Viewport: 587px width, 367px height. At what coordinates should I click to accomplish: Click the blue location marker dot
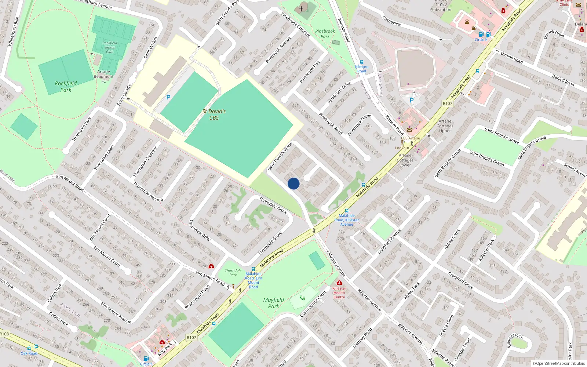[x=293, y=183]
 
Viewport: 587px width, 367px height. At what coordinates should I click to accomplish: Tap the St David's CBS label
[x=214, y=115]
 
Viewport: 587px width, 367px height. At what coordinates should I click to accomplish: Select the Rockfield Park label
[x=66, y=87]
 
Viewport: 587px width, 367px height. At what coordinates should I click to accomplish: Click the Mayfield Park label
[x=274, y=303]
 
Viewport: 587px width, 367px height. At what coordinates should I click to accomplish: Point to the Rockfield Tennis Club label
[x=110, y=47]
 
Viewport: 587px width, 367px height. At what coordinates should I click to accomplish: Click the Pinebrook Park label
[x=325, y=34]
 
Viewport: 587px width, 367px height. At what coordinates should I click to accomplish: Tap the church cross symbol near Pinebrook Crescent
[x=301, y=8]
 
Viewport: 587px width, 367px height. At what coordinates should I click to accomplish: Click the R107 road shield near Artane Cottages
[x=447, y=103]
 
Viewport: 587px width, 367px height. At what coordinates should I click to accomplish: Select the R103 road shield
[x=4, y=334]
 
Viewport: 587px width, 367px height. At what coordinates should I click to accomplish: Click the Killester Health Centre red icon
[x=339, y=283]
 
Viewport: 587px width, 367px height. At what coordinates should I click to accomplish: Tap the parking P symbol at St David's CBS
[x=168, y=97]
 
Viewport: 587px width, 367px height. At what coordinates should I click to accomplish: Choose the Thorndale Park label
[x=233, y=273]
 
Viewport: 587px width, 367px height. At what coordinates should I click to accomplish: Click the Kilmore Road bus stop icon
[x=362, y=62]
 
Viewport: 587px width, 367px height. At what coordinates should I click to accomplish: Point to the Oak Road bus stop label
[x=29, y=353]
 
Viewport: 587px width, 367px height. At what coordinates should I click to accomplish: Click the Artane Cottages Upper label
[x=445, y=126]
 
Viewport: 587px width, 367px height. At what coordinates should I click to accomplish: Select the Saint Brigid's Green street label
[x=486, y=158]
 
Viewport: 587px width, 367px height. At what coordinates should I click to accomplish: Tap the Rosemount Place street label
[x=197, y=297]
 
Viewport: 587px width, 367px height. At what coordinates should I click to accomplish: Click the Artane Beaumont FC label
[x=103, y=76]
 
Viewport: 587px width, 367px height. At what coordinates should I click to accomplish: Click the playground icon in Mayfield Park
[x=302, y=298]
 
